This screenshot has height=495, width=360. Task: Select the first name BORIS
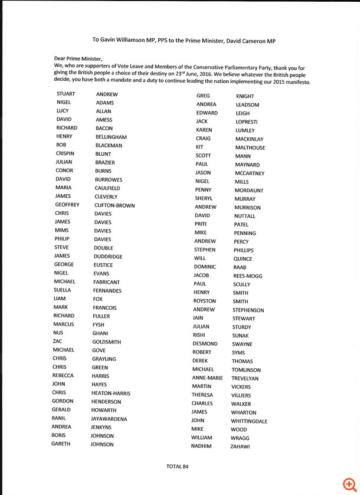pyautogui.click(x=59, y=435)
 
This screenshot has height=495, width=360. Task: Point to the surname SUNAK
pyautogui.click(x=240, y=336)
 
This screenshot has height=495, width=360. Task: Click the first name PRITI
pyautogui.click(x=201, y=224)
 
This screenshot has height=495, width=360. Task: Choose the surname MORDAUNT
pyautogui.click(x=248, y=191)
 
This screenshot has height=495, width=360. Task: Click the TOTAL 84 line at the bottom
pyautogui.click(x=177, y=466)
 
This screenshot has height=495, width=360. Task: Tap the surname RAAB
pyautogui.click(x=240, y=267)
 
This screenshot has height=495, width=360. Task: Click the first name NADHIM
pyautogui.click(x=201, y=446)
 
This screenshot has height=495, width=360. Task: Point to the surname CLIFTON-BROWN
pyautogui.click(x=114, y=205)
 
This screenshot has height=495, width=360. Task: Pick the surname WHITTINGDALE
pyautogui.click(x=249, y=421)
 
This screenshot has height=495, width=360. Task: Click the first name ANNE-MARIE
pyautogui.click(x=207, y=378)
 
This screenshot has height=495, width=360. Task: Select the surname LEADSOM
pyautogui.click(x=247, y=105)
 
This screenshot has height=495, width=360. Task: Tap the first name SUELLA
pyautogui.click(x=62, y=290)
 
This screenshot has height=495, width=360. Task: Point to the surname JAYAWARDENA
pyautogui.click(x=110, y=419)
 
